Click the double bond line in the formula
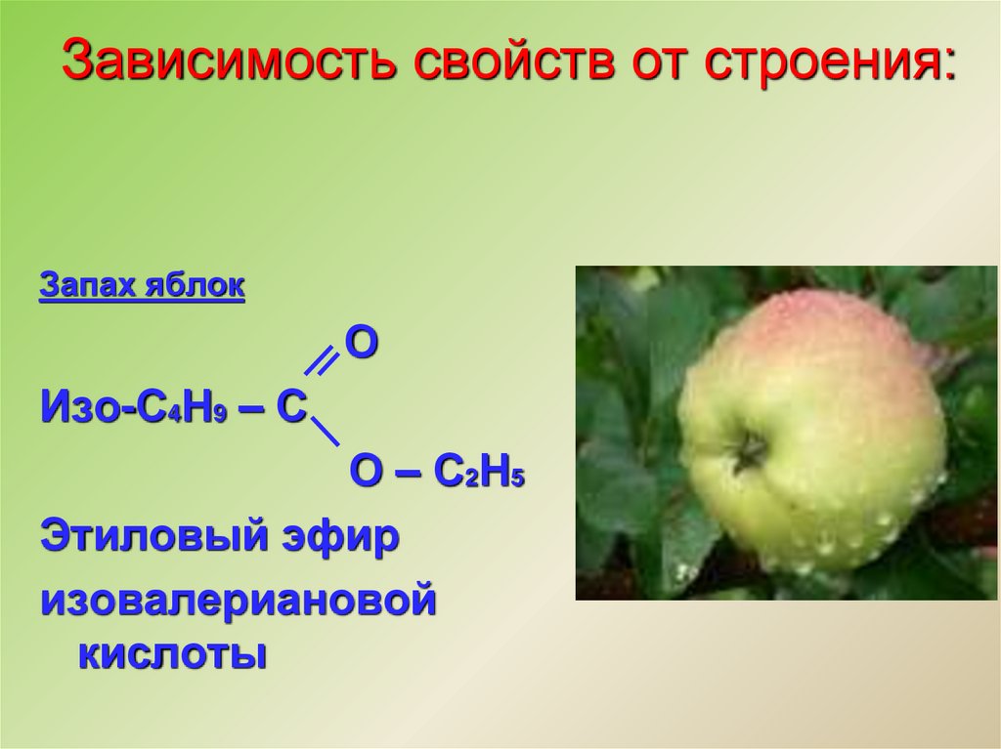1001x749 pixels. click(320, 362)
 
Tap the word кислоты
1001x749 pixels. click(171, 652)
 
